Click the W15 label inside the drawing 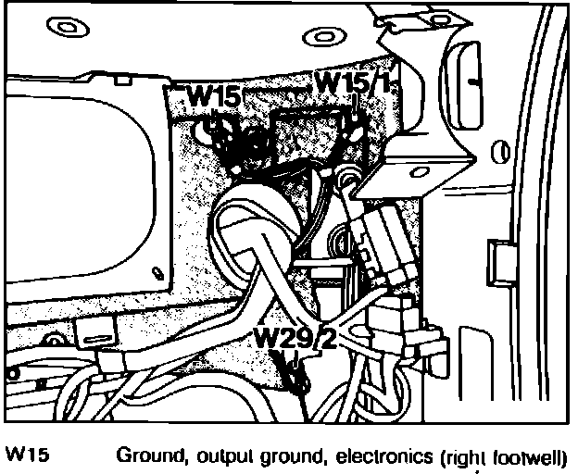(x=214, y=96)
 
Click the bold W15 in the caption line (x=27, y=455)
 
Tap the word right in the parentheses (x=471, y=457)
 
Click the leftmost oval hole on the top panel (x=65, y=27)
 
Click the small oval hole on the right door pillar (x=501, y=149)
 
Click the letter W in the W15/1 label (x=325, y=81)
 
